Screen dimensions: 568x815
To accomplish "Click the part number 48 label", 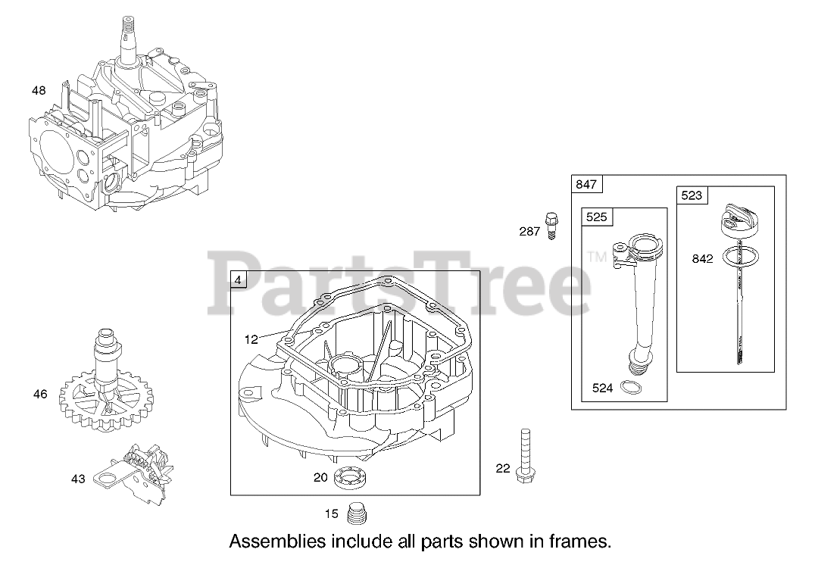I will (x=39, y=91).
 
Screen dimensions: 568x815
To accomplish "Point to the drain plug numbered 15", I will (x=355, y=514).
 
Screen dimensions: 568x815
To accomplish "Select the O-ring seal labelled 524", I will (x=628, y=389).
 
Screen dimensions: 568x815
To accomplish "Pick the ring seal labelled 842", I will (x=735, y=256).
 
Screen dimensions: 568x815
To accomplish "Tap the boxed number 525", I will (x=597, y=217).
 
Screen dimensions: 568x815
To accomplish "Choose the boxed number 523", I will (x=692, y=196).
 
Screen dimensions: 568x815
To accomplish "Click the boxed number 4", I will (x=239, y=280).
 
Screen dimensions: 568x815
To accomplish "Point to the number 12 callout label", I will (x=251, y=339).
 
